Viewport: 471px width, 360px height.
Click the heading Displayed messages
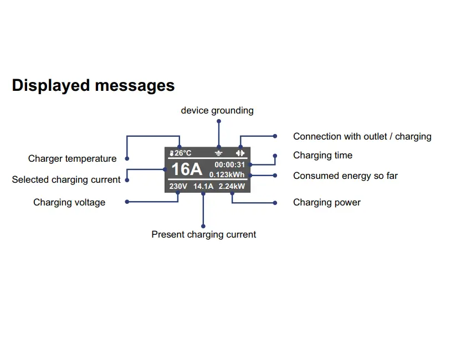93,85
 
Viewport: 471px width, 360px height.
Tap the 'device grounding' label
217,111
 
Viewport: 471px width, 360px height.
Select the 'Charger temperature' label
73,158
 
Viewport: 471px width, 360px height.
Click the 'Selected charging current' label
66,179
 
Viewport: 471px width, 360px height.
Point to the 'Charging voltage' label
69,202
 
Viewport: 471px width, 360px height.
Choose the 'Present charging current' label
204,234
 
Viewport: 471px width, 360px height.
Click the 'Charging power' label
327,202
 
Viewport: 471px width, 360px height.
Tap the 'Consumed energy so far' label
345,176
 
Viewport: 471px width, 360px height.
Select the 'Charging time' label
322,155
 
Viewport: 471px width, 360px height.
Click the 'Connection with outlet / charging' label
362,137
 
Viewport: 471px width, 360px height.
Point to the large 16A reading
187,169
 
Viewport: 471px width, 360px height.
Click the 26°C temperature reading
183,153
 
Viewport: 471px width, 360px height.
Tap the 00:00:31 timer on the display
230,164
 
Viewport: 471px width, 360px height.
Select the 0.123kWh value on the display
227,175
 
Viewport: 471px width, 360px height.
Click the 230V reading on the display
178,187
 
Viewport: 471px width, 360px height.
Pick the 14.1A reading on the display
203,187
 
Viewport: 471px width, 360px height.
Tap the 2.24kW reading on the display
232,187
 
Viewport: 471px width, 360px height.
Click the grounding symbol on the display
218,153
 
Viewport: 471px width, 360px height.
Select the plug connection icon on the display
240,153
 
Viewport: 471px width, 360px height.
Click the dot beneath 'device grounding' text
219,121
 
